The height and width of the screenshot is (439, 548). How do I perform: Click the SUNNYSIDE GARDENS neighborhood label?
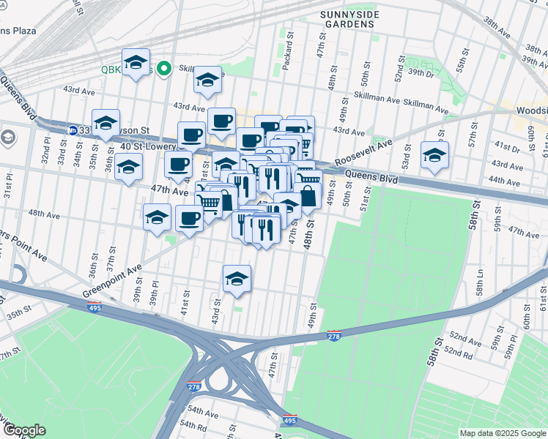348,18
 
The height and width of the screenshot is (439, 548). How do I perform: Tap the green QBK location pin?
165,70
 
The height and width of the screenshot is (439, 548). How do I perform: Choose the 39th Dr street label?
421,73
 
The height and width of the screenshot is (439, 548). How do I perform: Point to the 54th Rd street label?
196,425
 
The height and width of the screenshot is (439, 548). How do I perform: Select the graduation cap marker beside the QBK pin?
136,63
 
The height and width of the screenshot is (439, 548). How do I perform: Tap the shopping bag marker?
307,196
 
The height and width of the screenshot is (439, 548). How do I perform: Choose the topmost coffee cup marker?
221,121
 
